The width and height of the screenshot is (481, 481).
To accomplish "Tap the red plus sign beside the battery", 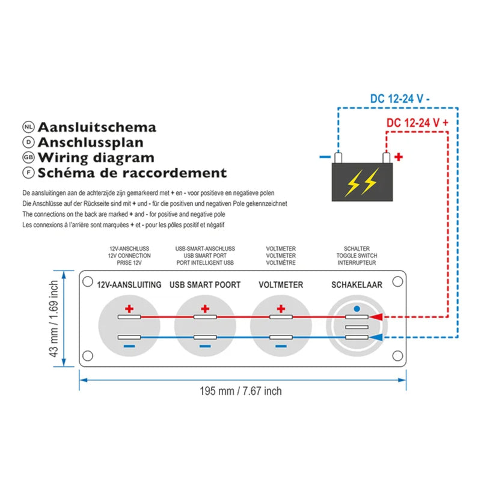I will (x=398, y=157).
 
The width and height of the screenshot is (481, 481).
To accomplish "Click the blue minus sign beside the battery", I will (x=325, y=157).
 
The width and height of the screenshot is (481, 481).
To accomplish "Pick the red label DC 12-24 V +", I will (x=418, y=123).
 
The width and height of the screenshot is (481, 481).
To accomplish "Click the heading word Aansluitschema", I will (x=97, y=127).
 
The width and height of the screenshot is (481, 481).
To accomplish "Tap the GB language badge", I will (x=28, y=158).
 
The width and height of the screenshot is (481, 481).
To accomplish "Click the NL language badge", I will (x=28, y=127).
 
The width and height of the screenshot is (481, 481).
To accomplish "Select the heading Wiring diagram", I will (x=96, y=158).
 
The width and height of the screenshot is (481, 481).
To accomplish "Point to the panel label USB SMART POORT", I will (x=205, y=284).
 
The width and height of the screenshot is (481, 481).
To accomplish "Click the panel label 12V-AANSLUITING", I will (x=129, y=284).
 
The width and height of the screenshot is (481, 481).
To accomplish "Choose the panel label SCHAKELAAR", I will (x=357, y=284).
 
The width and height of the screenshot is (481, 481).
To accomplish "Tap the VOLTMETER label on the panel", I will (x=280, y=284).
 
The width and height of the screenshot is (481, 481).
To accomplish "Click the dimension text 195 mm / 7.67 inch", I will (x=240, y=391).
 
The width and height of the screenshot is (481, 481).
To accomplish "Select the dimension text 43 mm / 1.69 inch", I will (x=55, y=320).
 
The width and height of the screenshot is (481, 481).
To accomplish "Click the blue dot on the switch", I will (x=357, y=308).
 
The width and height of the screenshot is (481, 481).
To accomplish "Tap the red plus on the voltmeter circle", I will (x=280, y=309).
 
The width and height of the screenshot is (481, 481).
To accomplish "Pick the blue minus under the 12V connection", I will (x=129, y=347).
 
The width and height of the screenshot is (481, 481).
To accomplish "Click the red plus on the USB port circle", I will (x=205, y=309).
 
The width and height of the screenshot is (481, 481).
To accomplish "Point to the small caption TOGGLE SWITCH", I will (x=357, y=256).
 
